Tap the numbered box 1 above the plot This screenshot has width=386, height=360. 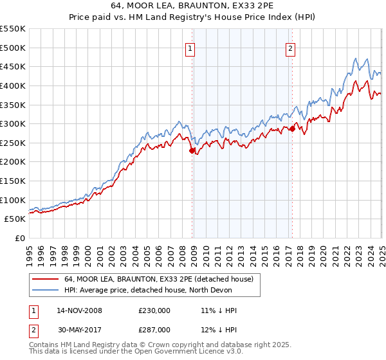pos(191,48)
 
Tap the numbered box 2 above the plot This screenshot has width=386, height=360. pos(290,48)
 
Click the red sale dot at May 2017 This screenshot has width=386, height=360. pos(292,129)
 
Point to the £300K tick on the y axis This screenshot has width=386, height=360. pos(14,123)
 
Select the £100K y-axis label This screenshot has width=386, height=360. pos(14,200)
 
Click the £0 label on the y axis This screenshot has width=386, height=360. pos(20,238)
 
